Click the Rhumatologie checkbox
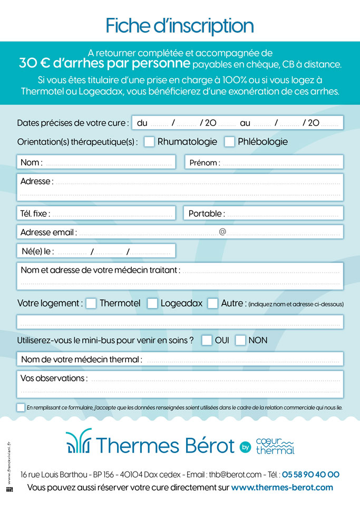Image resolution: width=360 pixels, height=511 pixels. (x=149, y=141)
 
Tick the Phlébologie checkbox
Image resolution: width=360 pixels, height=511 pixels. (x=229, y=141)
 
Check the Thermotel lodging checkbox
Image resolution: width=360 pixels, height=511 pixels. (x=91, y=303)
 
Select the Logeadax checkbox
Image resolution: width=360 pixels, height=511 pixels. (x=152, y=303)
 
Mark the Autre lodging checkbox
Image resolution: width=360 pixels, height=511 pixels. (x=213, y=303)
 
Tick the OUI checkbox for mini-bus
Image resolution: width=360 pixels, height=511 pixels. (x=207, y=340)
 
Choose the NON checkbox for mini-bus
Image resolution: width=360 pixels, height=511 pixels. (x=240, y=340)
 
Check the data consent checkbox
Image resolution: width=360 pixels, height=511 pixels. (x=21, y=407)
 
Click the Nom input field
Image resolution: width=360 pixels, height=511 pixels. (x=108, y=162)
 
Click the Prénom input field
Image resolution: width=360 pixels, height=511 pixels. (x=279, y=162)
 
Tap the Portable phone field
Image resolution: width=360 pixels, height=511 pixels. (x=282, y=214)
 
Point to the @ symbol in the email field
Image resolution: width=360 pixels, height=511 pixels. (x=222, y=232)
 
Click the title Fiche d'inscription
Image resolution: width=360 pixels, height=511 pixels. (x=180, y=25)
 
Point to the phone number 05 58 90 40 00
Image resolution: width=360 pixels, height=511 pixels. (x=310, y=475)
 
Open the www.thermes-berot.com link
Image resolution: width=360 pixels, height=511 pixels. (x=282, y=487)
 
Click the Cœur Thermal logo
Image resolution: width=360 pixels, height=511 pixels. (x=274, y=446)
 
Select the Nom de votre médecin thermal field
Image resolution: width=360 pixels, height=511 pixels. (x=240, y=359)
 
